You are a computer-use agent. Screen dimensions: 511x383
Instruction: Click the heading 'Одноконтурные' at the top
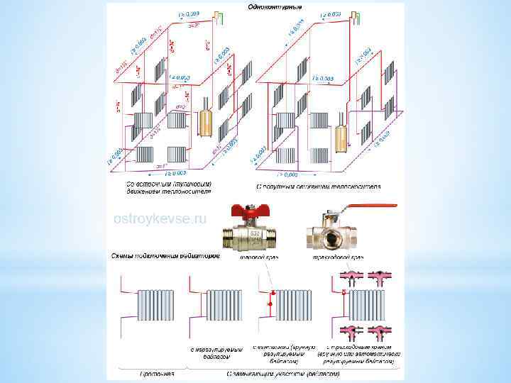click(274, 7)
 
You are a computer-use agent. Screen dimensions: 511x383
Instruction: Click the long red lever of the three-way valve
click(368, 208)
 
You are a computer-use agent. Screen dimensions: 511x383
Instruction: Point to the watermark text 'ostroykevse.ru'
click(160, 219)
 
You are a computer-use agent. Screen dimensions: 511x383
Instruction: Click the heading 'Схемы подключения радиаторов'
click(165, 255)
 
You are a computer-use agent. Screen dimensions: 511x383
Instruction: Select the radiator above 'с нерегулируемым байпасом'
click(225, 307)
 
